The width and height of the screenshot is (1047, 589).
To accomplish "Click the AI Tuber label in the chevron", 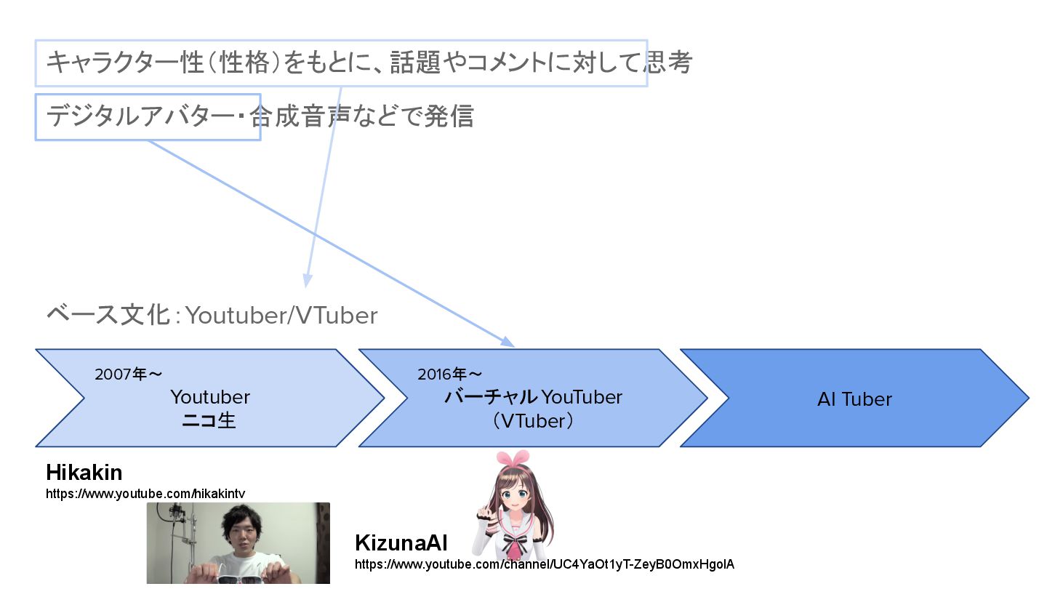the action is [x=854, y=399].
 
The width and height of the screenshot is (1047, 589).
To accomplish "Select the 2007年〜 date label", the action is [x=128, y=374].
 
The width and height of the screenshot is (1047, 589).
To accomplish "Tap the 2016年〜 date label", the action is [x=449, y=374].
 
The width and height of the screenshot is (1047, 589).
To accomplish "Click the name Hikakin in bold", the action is [x=84, y=473].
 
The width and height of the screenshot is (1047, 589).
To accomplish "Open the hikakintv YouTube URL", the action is [x=145, y=494].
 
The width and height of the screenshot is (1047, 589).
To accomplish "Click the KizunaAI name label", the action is [x=401, y=543].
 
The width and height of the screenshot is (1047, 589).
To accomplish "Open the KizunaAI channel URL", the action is [x=545, y=564].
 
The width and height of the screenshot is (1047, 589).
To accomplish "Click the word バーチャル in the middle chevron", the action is [x=491, y=398].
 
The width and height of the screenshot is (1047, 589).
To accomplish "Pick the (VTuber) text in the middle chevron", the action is [x=532, y=421].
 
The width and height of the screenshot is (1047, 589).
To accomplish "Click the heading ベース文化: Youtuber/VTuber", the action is [x=212, y=316].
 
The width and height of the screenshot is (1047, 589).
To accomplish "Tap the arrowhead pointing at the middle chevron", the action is [x=509, y=342].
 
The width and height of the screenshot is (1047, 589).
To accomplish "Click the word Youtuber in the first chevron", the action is [x=210, y=397].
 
